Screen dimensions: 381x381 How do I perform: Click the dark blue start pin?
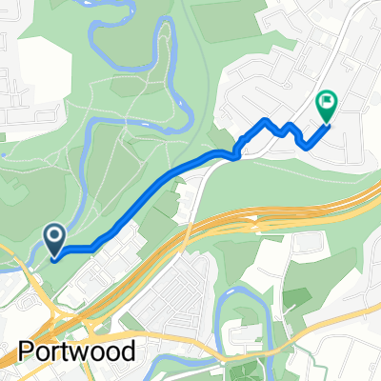pyautogui.click(x=54, y=238)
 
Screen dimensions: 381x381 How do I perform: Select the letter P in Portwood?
pyautogui.click(x=26, y=350)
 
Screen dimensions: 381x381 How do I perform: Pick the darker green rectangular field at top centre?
pyautogui.click(x=229, y=23)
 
